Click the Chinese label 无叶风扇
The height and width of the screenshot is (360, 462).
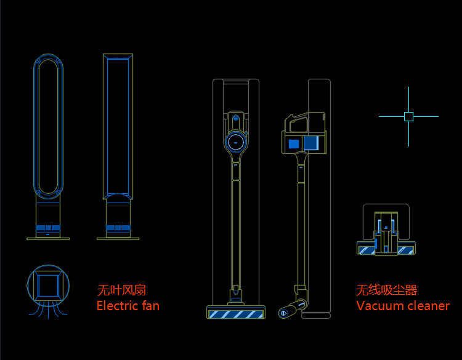(121, 290)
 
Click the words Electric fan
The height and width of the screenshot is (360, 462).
(128, 306)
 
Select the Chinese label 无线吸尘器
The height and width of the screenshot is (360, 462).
(386, 290)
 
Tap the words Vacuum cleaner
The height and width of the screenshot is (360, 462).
(403, 306)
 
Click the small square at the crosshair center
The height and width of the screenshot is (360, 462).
(408, 116)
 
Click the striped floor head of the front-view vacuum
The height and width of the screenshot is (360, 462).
(236, 314)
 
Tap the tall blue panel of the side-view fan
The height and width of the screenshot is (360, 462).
(118, 126)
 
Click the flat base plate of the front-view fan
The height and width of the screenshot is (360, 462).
(48, 238)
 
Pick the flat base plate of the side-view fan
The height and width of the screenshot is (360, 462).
(118, 239)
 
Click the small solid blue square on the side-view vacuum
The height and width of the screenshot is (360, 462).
(293, 144)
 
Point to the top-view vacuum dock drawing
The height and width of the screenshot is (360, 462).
(386, 231)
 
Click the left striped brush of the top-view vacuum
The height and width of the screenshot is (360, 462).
(367, 250)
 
